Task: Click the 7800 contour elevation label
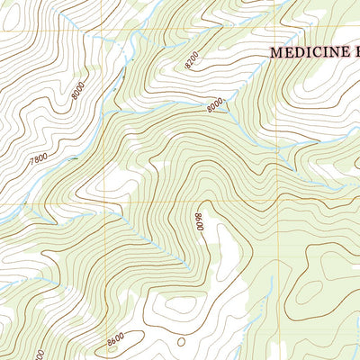pyautogui.click(x=40, y=157)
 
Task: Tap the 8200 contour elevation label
pyautogui.click(x=192, y=60)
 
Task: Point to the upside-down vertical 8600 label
pyautogui.click(x=199, y=221)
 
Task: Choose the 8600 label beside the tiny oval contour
pyautogui.click(x=114, y=339)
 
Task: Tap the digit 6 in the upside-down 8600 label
pyautogui.click(x=199, y=224)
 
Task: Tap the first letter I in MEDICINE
pyautogui.click(x=309, y=53)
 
